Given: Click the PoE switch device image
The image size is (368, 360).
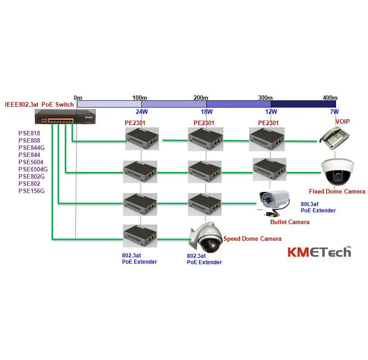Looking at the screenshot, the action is coord(65,117).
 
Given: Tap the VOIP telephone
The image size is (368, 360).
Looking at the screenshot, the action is coord(335,138).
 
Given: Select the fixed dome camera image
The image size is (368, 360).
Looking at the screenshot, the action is coord(337,172).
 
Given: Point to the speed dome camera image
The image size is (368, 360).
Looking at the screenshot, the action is coord(205,237).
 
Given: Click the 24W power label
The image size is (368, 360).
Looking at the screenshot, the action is coord(142,112).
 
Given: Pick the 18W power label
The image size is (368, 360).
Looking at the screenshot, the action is coord(207,112).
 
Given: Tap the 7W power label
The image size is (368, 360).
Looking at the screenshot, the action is coord(334,112).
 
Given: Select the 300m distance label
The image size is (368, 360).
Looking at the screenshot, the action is coord(265,98).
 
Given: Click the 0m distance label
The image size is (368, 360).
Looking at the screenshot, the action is coord(78,98).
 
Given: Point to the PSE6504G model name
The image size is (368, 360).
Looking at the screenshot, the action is coord(33,169).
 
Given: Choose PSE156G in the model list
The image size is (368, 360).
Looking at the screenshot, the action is coord(32,191).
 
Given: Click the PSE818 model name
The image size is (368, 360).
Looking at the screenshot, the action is coord(29,133).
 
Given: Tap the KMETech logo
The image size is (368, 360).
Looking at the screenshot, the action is coord(319,252).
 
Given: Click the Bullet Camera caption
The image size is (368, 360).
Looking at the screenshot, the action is coord(290,222).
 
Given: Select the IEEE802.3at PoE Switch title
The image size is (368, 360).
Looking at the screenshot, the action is coord(40,104).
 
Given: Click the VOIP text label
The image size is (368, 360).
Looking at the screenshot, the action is coord(343,121).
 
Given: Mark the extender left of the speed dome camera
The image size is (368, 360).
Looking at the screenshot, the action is coord(140,236).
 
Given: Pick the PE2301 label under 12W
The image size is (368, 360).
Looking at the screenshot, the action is coord(268,123).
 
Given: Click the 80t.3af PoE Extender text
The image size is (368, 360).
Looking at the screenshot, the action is coord(318,207).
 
